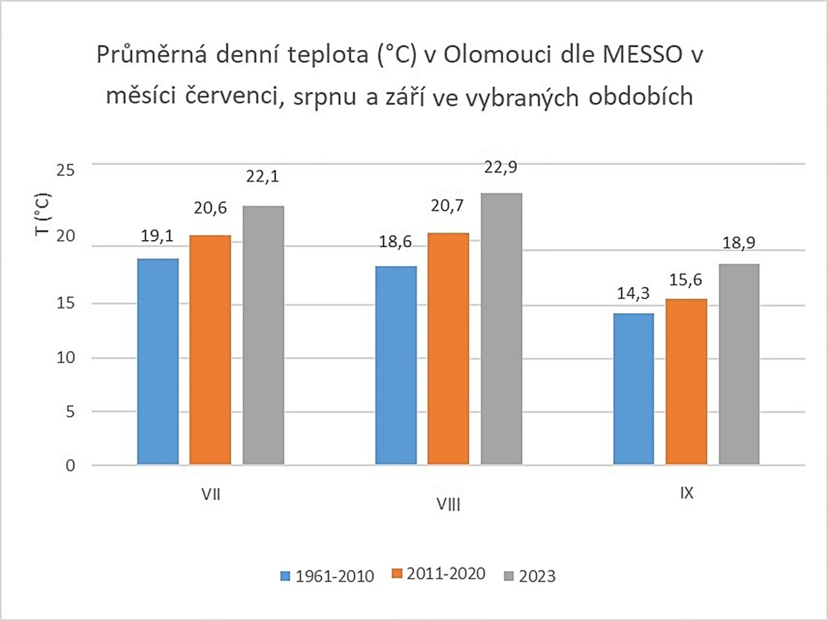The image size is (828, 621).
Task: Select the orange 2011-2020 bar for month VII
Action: click(210, 349)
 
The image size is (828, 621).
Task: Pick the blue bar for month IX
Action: click(633, 389)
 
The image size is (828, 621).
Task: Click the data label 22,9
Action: click(501, 168)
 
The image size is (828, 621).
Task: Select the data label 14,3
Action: click(633, 294)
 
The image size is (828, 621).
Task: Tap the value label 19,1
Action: click(157, 236)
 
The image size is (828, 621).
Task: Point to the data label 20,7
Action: click(447, 206)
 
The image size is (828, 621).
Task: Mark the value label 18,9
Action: click(739, 243)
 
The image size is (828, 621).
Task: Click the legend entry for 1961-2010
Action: click(327, 576)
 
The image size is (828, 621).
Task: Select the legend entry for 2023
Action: click(530, 576)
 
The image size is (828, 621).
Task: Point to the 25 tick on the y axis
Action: click(65, 170)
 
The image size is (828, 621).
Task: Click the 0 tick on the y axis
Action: click(70, 466)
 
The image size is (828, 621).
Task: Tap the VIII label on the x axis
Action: click(448, 504)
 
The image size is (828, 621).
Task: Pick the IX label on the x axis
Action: click(686, 493)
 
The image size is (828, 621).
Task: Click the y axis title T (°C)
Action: click(43, 215)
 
